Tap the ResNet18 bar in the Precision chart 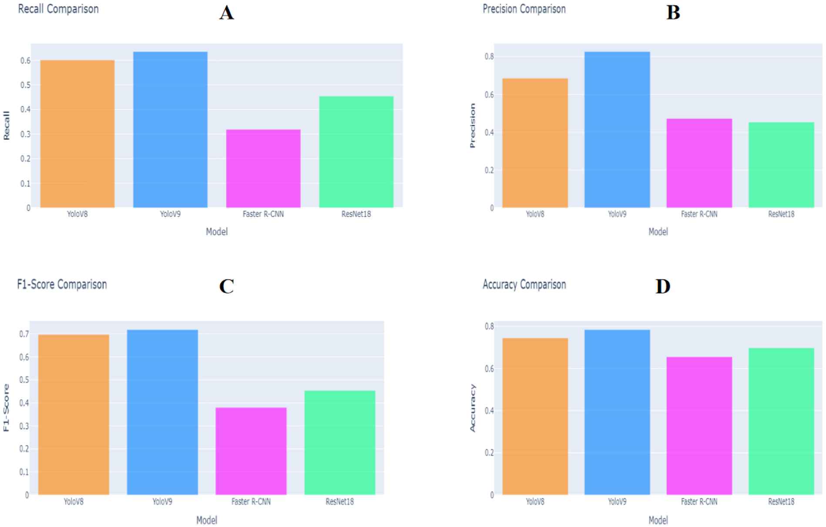coord(781,165)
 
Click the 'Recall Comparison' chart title coord(58,9)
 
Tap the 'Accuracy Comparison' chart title coord(524,285)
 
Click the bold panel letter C coord(226,286)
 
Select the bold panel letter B coord(673,13)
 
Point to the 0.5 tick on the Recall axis coord(25,85)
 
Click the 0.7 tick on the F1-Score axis coord(24,334)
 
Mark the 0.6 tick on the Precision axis coord(489,94)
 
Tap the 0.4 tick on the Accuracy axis coord(489,411)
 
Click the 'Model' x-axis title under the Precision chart coord(658,232)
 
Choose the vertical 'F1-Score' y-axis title coord(6,408)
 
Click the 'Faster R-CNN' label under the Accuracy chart coord(699,502)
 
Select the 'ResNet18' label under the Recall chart coord(356,214)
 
